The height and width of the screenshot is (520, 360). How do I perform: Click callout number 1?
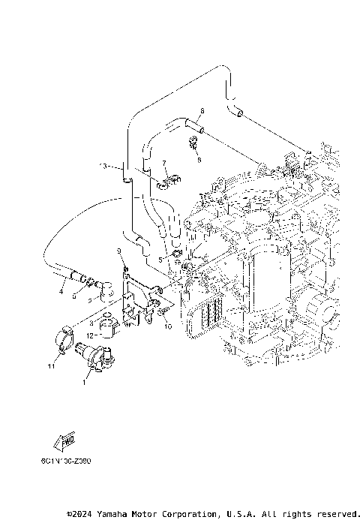pos(84,383)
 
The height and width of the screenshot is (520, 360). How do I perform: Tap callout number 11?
pos(52,367)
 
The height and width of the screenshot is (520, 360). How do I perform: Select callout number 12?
pos(88,335)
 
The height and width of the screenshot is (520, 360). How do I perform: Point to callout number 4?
pos(61,292)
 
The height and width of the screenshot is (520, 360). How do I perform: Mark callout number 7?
pos(163,163)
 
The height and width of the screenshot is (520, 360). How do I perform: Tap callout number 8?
pos(202,110)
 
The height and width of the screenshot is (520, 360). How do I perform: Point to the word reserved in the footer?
pos(334,513)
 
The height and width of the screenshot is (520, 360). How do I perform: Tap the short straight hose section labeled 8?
pos(193,122)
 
